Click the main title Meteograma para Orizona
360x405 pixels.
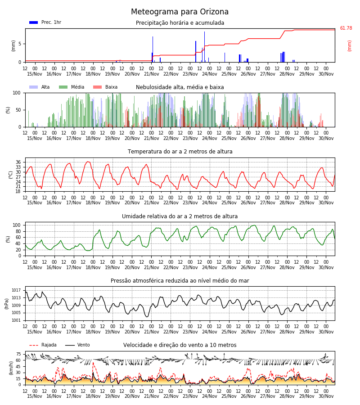click(x=180, y=12)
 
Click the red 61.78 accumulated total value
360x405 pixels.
click(x=346, y=28)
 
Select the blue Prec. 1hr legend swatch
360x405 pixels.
click(x=34, y=22)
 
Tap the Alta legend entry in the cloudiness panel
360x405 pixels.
click(x=39, y=87)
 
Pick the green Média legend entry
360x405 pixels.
click(x=72, y=87)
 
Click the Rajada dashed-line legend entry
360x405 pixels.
click(x=43, y=345)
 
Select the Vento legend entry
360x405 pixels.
click(x=77, y=345)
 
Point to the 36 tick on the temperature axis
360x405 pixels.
click(x=18, y=162)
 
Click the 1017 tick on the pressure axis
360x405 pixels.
click(x=16, y=290)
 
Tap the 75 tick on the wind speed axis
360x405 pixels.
click(x=18, y=354)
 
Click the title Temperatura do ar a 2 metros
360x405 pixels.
click(x=180, y=152)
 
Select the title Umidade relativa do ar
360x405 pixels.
click(x=180, y=216)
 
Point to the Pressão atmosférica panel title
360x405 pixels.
click(x=180, y=280)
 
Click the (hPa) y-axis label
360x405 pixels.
click(x=7, y=303)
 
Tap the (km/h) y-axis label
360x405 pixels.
click(x=11, y=368)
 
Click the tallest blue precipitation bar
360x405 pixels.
click(x=205, y=47)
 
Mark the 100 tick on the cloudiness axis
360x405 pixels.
click(x=17, y=93)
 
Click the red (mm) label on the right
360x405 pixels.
click(x=349, y=46)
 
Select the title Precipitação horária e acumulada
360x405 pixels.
click(x=180, y=23)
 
